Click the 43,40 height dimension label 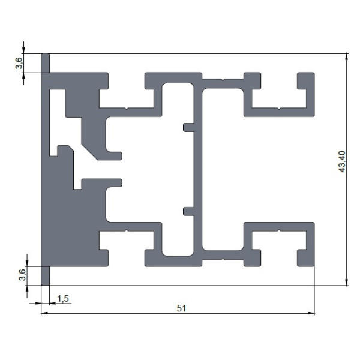(342, 161)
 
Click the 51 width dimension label (181, 308)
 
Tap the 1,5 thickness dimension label (62, 299)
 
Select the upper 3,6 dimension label (19, 63)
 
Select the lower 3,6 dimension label (22, 275)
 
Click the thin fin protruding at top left (45, 62)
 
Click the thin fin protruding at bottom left (45, 276)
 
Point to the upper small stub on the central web (188, 127)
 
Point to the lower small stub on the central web (188, 211)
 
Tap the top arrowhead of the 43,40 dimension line (346, 56)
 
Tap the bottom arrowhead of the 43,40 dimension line (346, 283)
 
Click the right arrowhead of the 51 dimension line (311, 313)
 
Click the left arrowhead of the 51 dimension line (44, 313)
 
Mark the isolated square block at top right (306, 80)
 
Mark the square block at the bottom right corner (306, 258)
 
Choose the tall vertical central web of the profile (198, 169)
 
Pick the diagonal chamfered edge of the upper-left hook (89, 152)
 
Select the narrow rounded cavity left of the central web (178, 169)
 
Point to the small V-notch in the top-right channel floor (279, 109)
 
